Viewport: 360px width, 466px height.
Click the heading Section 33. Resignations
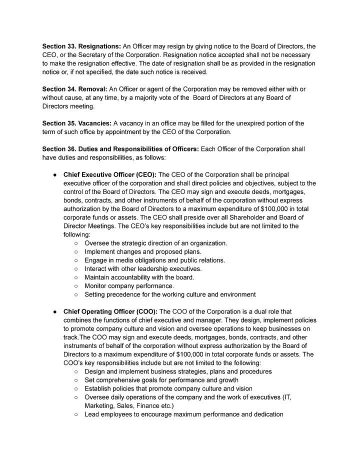[x=79, y=46]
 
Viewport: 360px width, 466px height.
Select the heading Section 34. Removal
[x=72, y=89]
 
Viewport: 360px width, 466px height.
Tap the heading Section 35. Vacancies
[x=76, y=123]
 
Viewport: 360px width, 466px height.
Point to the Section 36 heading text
[x=120, y=149]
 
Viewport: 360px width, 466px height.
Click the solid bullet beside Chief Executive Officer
[x=54, y=175]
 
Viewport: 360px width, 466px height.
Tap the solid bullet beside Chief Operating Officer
[x=54, y=312]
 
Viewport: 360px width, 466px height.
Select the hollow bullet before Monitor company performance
[x=75, y=286]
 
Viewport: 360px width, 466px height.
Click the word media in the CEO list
[x=121, y=260]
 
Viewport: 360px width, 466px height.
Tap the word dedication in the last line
[x=265, y=414]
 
